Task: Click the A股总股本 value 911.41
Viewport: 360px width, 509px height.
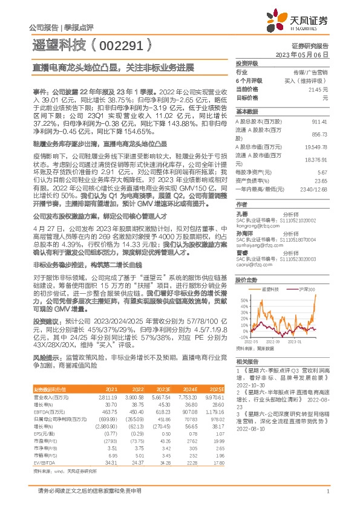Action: pos(320,122)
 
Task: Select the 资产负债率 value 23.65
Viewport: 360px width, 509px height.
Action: pos(321,180)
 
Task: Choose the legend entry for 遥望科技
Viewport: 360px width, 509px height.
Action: pos(269,291)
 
